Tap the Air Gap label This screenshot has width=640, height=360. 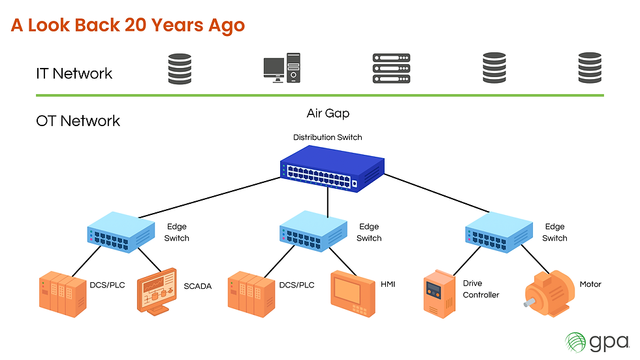pyautogui.click(x=328, y=114)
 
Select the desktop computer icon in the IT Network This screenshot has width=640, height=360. pyautogui.click(x=282, y=68)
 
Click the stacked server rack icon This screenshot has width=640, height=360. pyautogui.click(x=391, y=69)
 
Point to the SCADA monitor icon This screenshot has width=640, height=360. pyautogui.click(x=157, y=291)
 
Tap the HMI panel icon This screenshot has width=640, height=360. pyautogui.click(x=353, y=291)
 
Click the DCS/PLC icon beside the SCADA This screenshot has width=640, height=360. pyautogui.click(x=61, y=291)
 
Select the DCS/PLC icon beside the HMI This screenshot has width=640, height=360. pyautogui.click(x=251, y=291)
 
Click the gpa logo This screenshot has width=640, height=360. pyautogui.click(x=596, y=341)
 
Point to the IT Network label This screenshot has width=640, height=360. pyautogui.click(x=74, y=74)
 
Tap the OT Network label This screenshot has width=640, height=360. pyautogui.click(x=78, y=121)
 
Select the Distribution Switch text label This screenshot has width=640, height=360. pyautogui.click(x=327, y=137)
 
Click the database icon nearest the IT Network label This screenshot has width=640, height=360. pyautogui.click(x=180, y=69)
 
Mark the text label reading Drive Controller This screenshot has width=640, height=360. pyautogui.click(x=481, y=289)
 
